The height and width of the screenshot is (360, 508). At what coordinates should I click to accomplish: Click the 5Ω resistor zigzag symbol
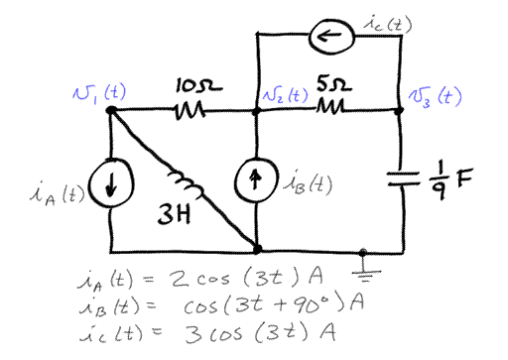coord(331,109)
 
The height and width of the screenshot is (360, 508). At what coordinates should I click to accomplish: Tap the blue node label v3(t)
coord(437,97)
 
